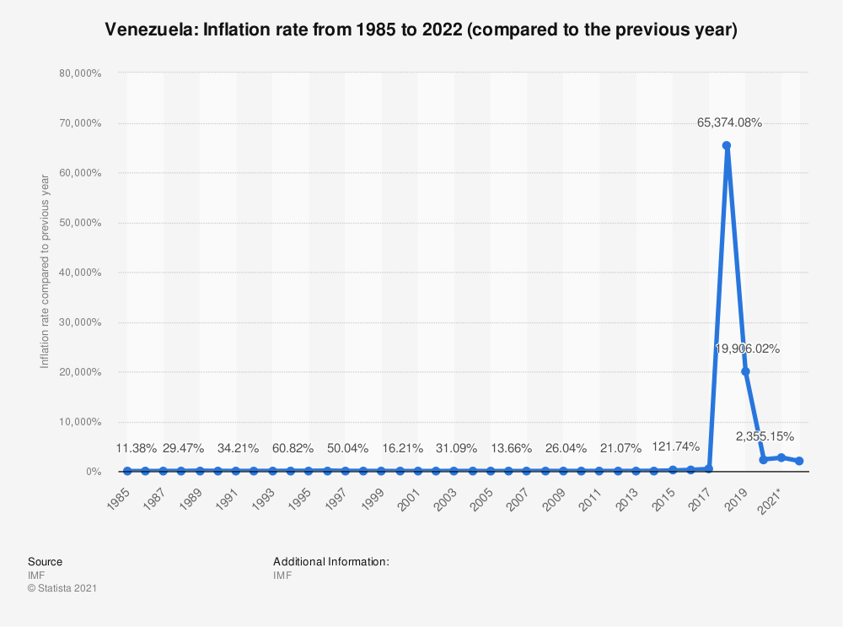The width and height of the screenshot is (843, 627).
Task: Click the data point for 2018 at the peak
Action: click(727, 145)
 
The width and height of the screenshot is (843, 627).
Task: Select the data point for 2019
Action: click(745, 371)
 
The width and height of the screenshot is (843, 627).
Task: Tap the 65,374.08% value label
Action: click(729, 122)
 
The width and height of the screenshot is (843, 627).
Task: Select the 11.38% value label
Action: click(136, 446)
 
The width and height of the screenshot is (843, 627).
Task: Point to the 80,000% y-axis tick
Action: click(81, 73)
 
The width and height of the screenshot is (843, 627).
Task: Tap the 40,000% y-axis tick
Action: click(81, 273)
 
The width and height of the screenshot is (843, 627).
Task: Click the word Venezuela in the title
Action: click(148, 30)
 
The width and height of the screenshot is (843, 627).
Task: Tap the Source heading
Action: click(45, 561)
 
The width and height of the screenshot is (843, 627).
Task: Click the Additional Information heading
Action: click(330, 561)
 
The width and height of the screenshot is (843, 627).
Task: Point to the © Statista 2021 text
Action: click(62, 588)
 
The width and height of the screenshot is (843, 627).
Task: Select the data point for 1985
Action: click(127, 471)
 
